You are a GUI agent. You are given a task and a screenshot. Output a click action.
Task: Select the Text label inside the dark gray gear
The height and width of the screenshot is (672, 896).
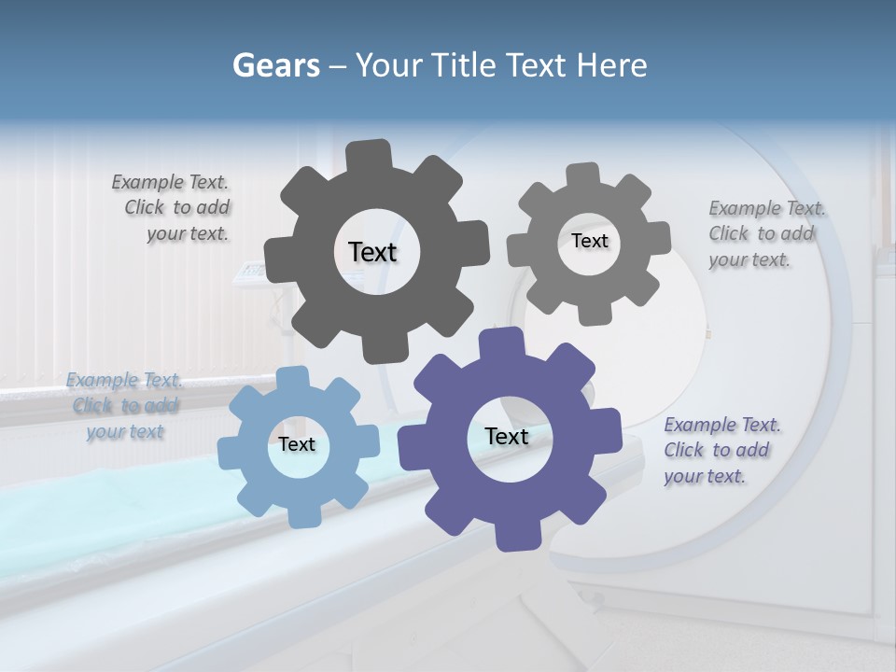click(372, 252)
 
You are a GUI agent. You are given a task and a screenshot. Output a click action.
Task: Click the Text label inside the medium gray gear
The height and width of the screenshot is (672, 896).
click(589, 241)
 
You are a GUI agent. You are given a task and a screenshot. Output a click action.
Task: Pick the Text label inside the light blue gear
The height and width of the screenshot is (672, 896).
click(297, 445)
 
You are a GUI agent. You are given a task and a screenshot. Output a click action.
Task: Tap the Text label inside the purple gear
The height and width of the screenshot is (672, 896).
click(507, 437)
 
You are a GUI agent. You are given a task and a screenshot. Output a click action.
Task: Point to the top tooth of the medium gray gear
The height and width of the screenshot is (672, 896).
click(583, 175)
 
